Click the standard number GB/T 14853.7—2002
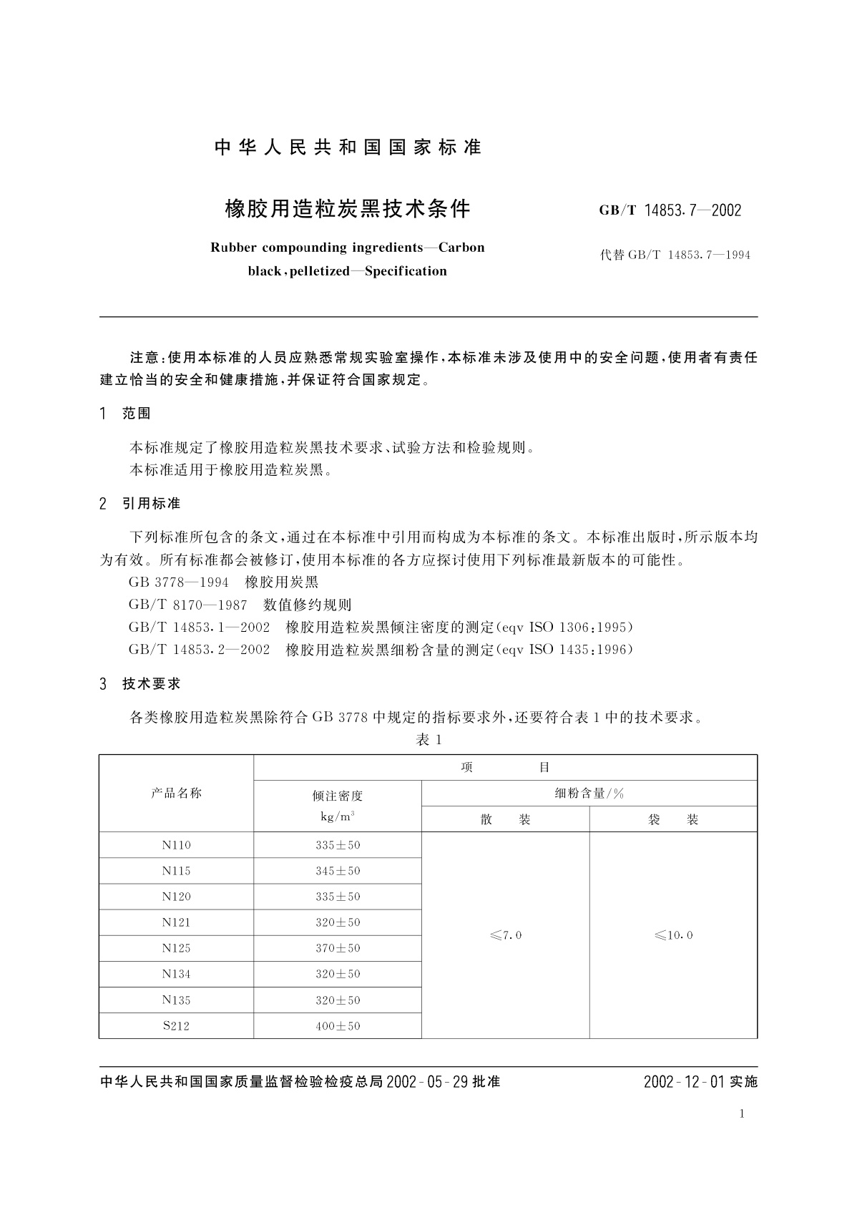[670, 210]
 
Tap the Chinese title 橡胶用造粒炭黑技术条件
[348, 209]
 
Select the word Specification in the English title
[406, 271]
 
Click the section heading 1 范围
[126, 414]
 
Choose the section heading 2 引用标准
[140, 504]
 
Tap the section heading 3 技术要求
[140, 684]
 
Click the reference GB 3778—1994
[179, 582]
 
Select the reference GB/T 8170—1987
[188, 605]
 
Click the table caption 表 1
[429, 740]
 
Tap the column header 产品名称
[176, 793]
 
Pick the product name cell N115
[176, 871]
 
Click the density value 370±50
[338, 948]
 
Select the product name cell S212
[176, 1026]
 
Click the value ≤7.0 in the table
[506, 935]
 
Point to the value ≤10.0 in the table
[673, 935]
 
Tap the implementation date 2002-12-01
[684, 1082]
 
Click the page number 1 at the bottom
[742, 1113]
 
